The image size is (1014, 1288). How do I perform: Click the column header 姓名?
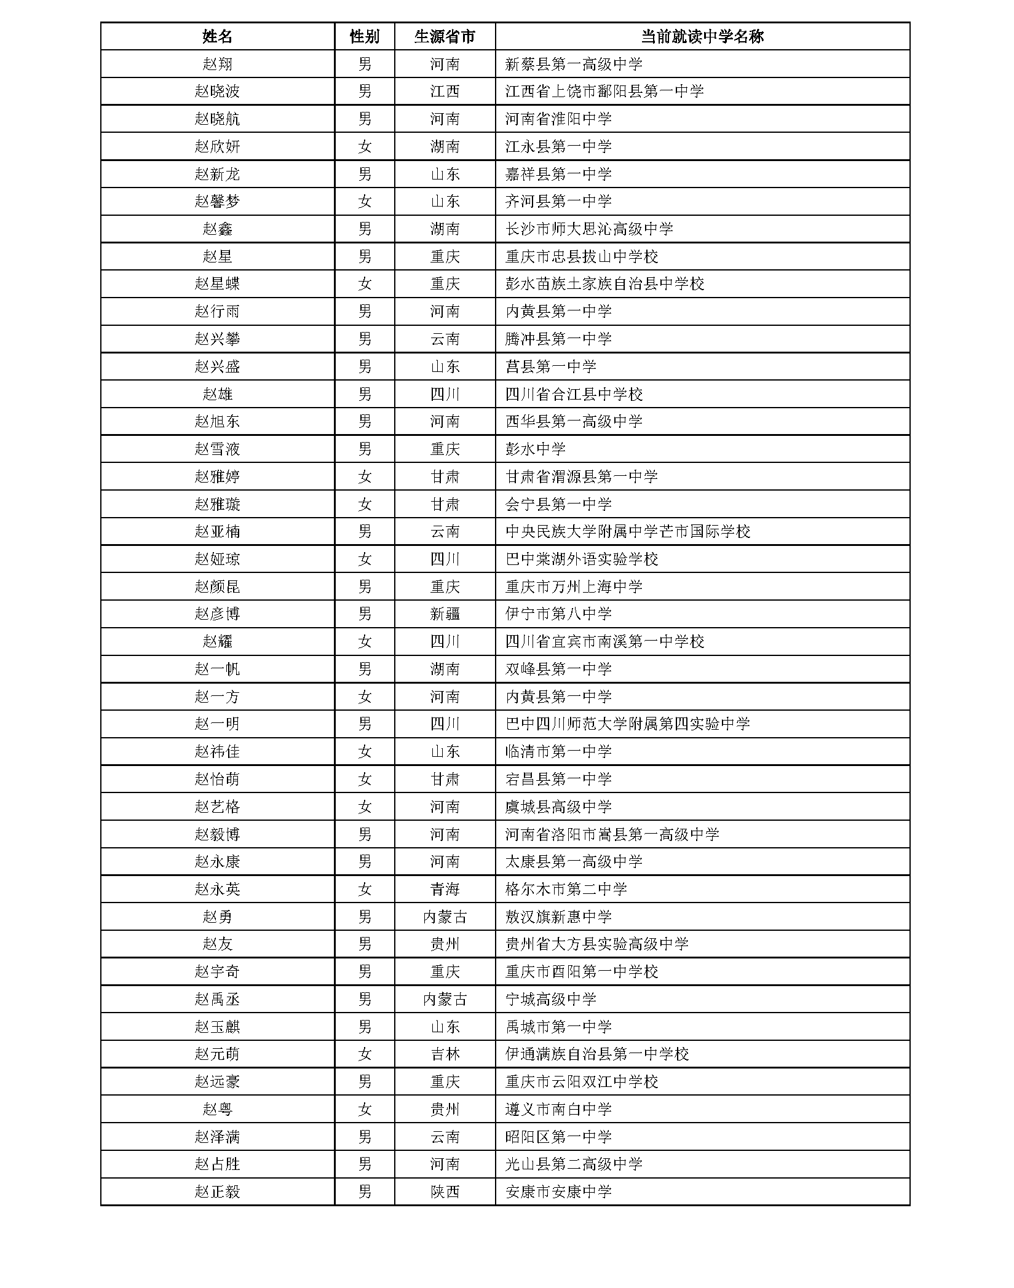pos(217,36)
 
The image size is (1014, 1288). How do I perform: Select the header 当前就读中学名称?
pos(702,36)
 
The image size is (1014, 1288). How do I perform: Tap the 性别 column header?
pos(364,36)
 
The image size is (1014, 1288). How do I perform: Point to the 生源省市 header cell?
pos(445,36)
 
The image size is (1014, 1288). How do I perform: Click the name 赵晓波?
pos(217,92)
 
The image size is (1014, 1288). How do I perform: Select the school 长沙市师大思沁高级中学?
pos(588,229)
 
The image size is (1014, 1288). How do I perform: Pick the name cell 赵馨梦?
pos(217,202)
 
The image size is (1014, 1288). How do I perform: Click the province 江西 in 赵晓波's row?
pos(445,92)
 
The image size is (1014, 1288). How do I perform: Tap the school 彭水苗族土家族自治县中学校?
pos(604,284)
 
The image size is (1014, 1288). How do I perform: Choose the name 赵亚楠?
pos(217,532)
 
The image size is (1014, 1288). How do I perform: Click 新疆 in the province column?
pos(445,614)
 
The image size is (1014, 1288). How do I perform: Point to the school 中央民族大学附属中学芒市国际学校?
pos(627,532)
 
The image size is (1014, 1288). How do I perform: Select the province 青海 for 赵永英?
pos(445,889)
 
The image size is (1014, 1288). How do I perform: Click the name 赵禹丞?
pos(217,999)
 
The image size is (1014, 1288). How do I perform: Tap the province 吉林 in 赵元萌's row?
pos(445,1054)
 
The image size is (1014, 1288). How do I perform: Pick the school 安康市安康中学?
pos(558,1192)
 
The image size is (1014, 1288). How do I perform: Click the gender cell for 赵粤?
pos(364,1109)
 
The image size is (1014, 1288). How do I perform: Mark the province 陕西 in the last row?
pos(445,1192)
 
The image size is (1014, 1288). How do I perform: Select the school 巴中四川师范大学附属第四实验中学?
pos(627,724)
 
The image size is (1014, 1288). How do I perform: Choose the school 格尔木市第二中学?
pos(566,889)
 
